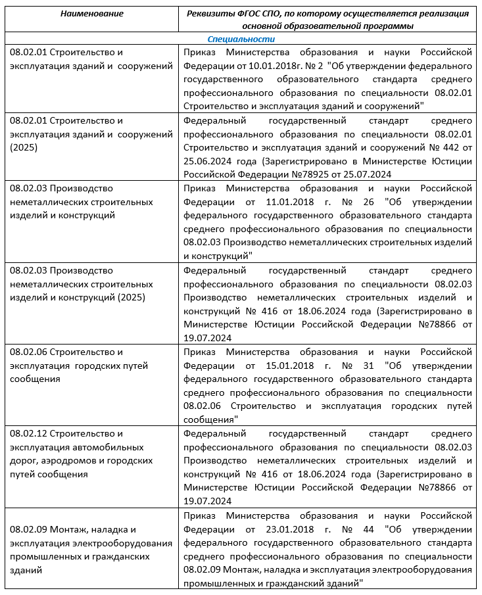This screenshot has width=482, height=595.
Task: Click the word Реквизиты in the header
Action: pos(210,14)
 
